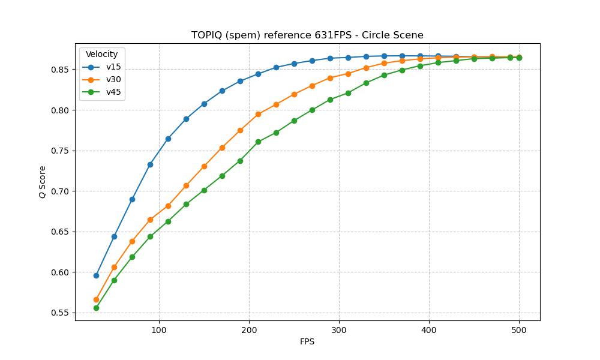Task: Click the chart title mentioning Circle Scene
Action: pos(307,35)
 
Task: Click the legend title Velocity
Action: pos(101,55)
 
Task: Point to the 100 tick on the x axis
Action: pos(159,329)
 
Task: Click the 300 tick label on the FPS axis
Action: pos(339,329)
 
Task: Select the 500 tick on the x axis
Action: pos(519,329)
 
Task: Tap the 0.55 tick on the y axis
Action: pos(60,313)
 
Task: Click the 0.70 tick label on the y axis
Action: pos(60,191)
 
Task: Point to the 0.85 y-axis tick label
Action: pos(60,70)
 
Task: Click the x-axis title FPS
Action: pos(307,341)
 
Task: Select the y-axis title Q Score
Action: pos(43,182)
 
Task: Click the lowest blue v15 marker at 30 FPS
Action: pos(96,275)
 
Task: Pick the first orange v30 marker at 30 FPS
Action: pos(96,299)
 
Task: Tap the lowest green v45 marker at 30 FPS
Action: pos(96,308)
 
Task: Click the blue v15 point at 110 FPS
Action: pos(168,139)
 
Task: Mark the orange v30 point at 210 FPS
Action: pos(258,114)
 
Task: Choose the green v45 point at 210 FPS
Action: pos(258,142)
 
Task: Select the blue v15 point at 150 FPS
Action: pos(204,104)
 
